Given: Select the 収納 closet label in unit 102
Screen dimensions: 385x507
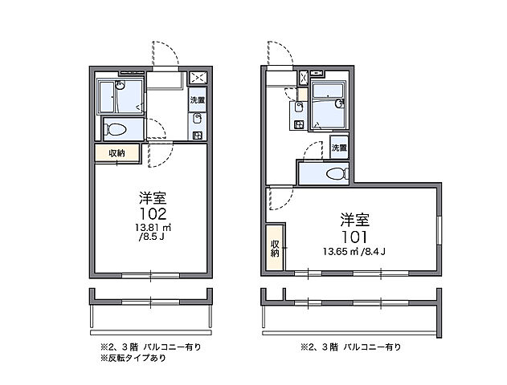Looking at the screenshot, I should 117,153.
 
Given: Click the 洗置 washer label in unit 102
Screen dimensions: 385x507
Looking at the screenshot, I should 197,101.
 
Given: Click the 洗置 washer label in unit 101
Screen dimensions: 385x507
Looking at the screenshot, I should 338,148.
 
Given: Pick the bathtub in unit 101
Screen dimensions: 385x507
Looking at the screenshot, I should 329,104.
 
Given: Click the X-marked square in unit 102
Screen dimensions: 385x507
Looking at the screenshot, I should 197,79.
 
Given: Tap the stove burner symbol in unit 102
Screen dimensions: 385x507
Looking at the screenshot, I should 198,127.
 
